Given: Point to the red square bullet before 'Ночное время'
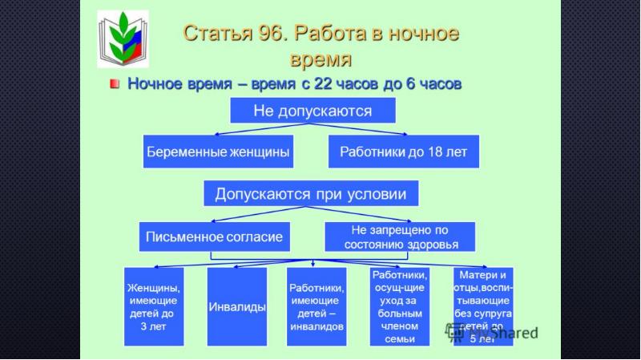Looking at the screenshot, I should coord(116,84).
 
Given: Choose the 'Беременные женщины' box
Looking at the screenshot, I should coord(216,152).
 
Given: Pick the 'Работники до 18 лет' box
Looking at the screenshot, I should coord(403,152).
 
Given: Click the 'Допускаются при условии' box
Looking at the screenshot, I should coord(304,194).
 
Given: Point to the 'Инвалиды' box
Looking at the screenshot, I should coord(236,307).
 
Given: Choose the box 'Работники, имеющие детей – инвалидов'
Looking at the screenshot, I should coord(316,307).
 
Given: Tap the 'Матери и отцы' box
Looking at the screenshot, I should coord(482,305).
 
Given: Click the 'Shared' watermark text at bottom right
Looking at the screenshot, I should coord(513,333).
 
